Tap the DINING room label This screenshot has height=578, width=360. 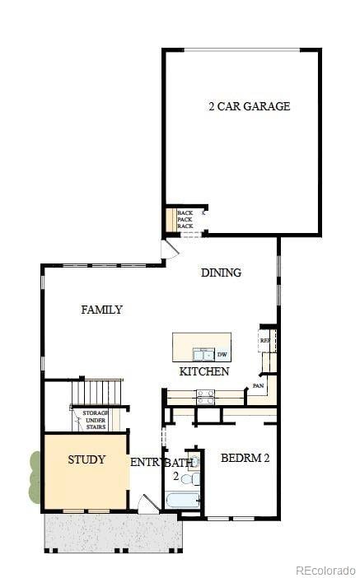click(221, 273)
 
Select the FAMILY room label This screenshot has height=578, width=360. click(101, 310)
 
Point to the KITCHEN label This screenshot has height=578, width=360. click(203, 372)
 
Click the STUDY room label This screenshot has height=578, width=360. click(86, 459)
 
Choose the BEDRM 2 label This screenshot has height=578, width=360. click(245, 458)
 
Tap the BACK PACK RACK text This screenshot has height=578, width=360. click(185, 220)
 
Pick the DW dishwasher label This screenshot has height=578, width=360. click(222, 355)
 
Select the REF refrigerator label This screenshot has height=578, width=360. click(265, 340)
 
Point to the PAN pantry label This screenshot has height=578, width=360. click(258, 385)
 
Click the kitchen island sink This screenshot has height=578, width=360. click(203, 355)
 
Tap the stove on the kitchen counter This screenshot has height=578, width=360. click(204, 396)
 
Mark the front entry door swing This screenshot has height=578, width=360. click(148, 504)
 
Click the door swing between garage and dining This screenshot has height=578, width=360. click(170, 248)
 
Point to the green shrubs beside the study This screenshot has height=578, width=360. click(35, 477)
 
